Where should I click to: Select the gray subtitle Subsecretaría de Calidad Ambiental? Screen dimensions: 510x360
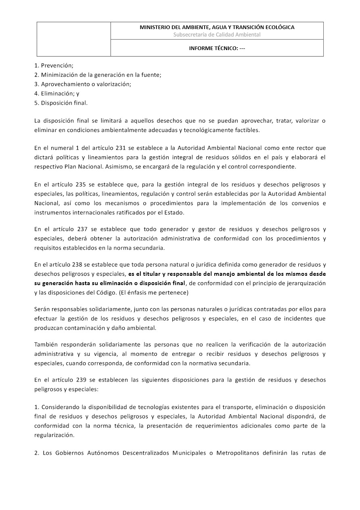217,35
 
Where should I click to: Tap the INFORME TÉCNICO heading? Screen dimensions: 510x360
217,48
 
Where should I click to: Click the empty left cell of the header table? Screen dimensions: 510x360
74,39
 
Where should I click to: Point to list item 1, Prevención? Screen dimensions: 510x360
54,65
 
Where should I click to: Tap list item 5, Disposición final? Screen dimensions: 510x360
61,103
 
